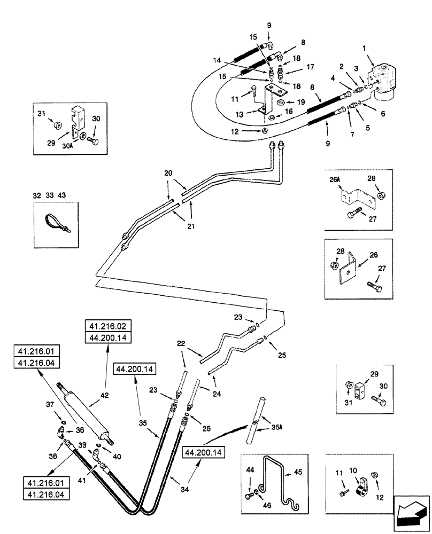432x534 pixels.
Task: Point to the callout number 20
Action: (x=168, y=174)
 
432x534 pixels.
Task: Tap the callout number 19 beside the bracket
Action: (x=301, y=101)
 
